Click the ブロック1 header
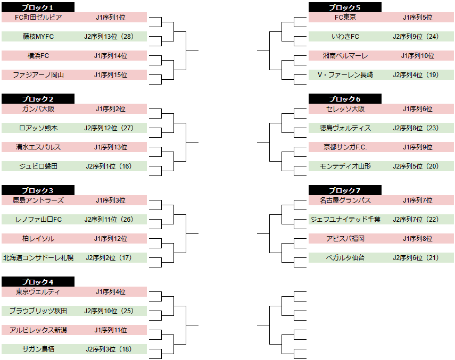(x=38, y=7)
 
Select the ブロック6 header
(x=345, y=99)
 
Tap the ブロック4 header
(x=38, y=282)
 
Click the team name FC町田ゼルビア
(x=38, y=18)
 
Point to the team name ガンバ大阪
(x=38, y=108)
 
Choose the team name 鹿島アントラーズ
(x=38, y=200)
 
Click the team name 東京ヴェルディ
(x=38, y=291)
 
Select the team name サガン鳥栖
(x=38, y=349)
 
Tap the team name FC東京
(x=345, y=18)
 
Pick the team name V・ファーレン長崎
(x=345, y=75)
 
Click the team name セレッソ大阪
(x=345, y=108)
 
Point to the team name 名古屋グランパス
(x=345, y=200)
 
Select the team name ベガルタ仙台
(x=345, y=258)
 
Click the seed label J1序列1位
(x=111, y=18)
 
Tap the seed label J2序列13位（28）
(x=109, y=37)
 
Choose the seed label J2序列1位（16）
(x=109, y=166)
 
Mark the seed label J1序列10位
(x=418, y=56)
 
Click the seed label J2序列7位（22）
(x=416, y=220)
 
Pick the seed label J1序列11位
(x=111, y=330)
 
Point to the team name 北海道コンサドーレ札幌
(x=38, y=258)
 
